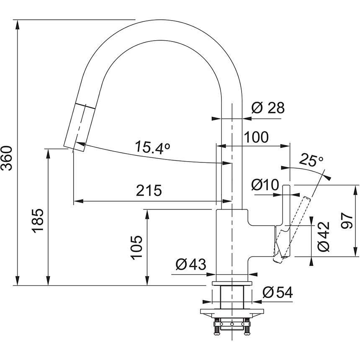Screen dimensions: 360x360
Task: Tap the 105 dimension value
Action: [x=136, y=247]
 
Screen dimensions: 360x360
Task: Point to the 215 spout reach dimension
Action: [x=149, y=190]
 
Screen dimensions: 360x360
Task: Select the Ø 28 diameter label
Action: [x=268, y=108]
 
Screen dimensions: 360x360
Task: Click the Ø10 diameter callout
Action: [x=266, y=184]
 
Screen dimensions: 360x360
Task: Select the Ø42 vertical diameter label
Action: [x=324, y=237]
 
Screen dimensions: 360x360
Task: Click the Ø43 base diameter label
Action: [x=190, y=265]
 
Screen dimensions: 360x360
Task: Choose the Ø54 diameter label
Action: [x=277, y=293]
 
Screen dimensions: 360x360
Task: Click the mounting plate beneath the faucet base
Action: [x=232, y=312]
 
